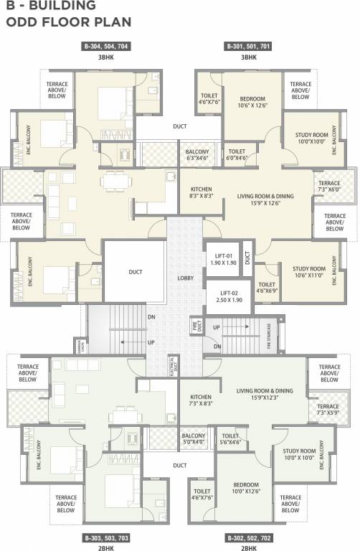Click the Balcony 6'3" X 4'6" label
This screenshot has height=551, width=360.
[197, 155]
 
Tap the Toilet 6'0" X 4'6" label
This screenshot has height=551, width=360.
[237, 155]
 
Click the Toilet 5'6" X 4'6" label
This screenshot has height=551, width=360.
[230, 438]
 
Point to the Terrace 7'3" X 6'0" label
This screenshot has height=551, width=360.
[329, 187]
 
